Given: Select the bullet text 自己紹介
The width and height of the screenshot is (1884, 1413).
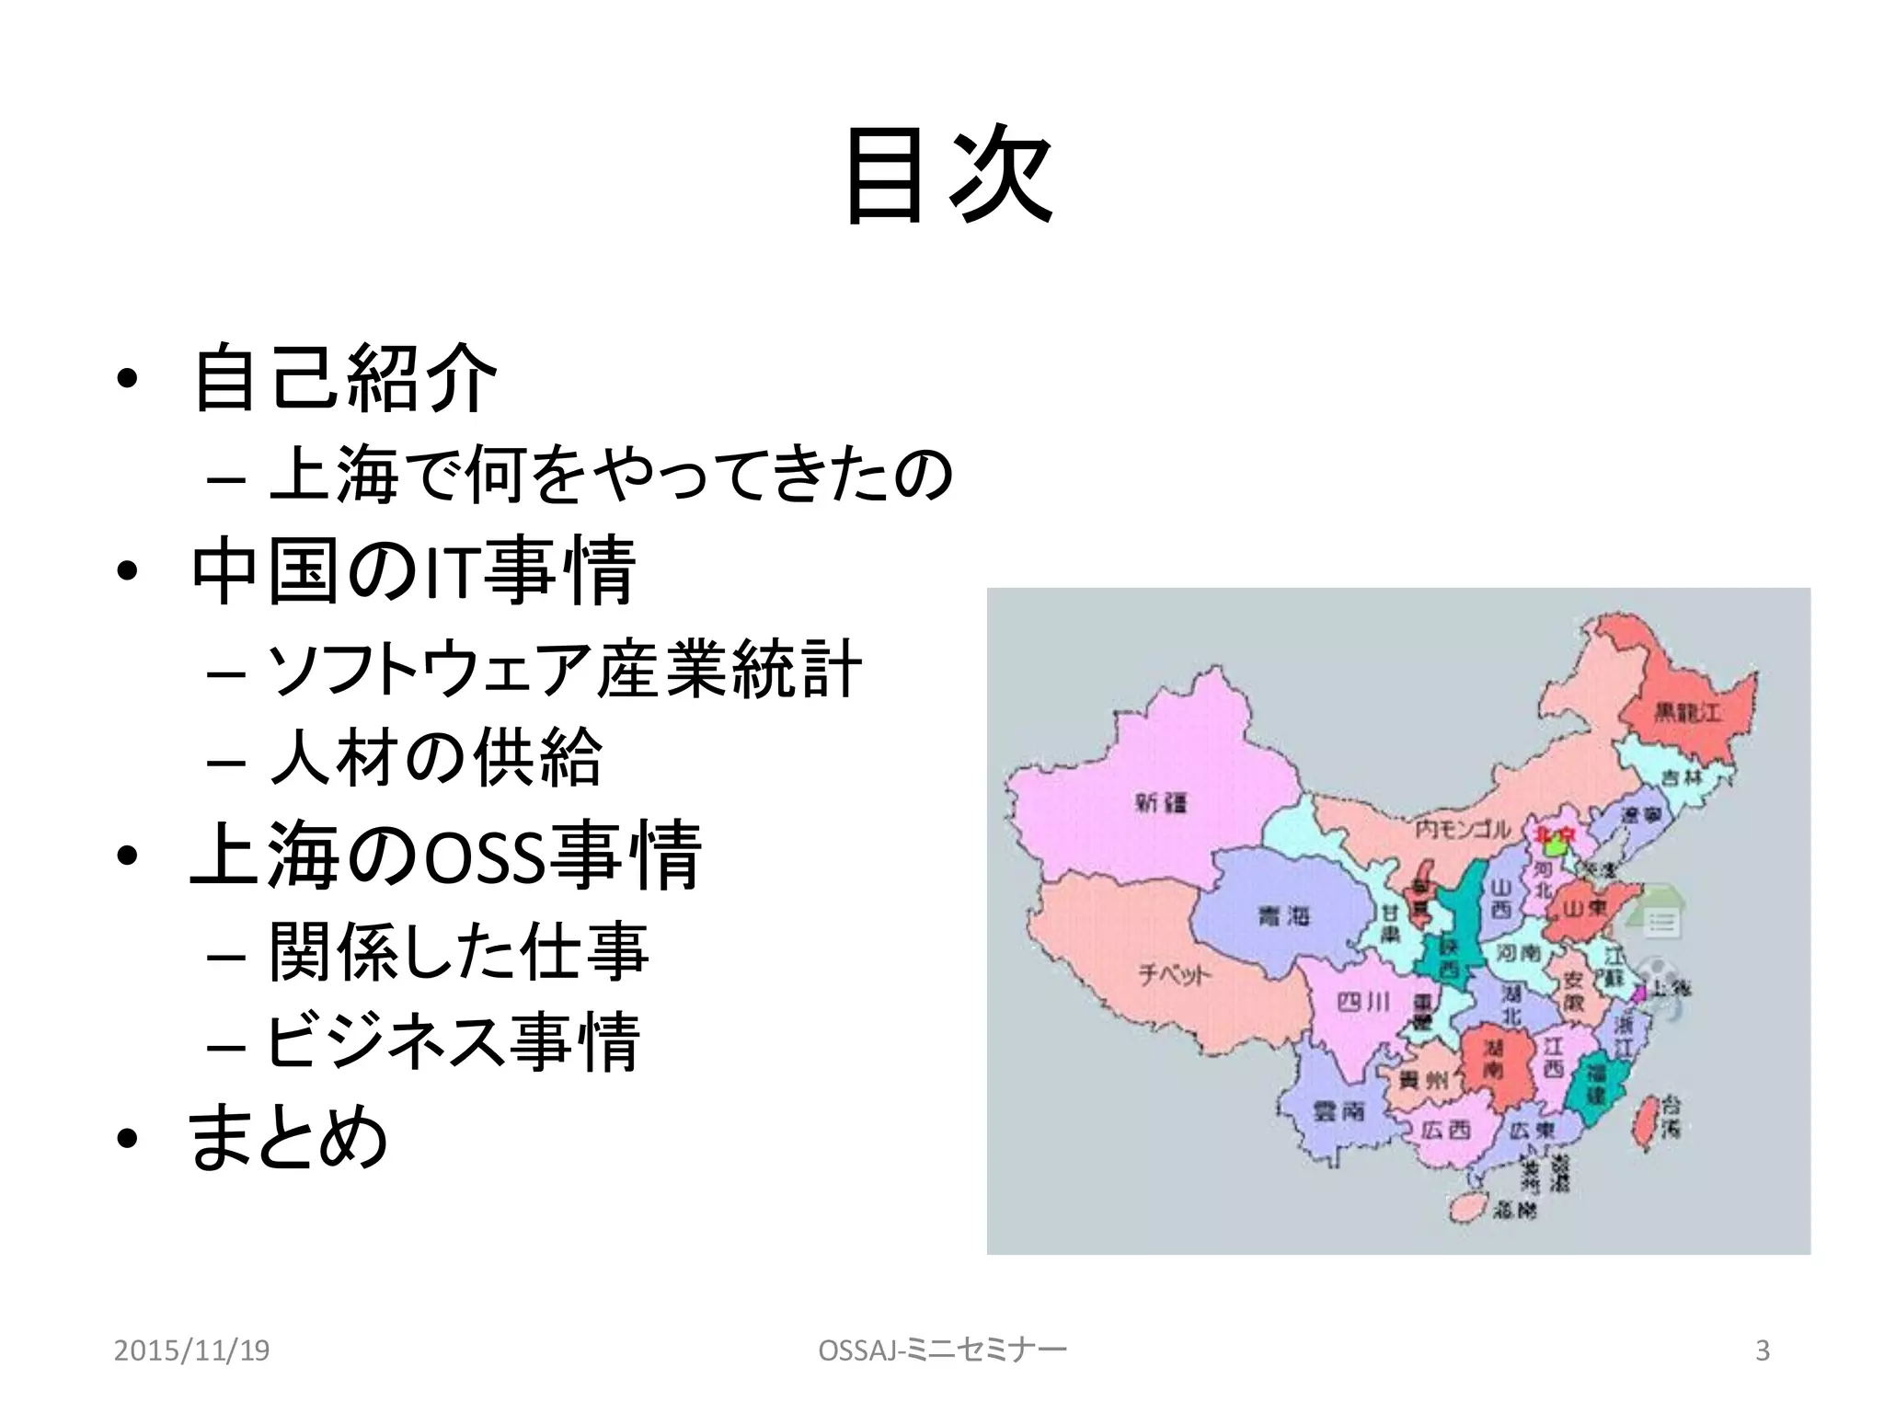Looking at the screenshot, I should pyautogui.click(x=345, y=377).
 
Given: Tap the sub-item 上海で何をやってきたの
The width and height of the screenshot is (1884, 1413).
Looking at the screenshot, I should pyautogui.click(x=610, y=474).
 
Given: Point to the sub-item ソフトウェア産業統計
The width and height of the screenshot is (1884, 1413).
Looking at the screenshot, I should pyautogui.click(x=563, y=669).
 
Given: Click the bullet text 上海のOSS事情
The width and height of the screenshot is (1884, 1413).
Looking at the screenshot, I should pyautogui.click(x=446, y=856).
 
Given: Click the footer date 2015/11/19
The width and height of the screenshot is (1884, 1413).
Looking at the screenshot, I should pyautogui.click(x=191, y=1350).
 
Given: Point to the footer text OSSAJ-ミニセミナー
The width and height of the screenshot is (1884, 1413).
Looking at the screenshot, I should pyautogui.click(x=942, y=1350).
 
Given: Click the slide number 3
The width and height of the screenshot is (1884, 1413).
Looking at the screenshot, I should pyautogui.click(x=1763, y=1350).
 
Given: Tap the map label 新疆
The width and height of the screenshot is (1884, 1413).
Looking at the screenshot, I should pyautogui.click(x=1161, y=802).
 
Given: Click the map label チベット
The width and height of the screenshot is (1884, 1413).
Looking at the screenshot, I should pyautogui.click(x=1175, y=974).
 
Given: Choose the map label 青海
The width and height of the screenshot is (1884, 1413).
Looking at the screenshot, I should pyautogui.click(x=1282, y=915).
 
